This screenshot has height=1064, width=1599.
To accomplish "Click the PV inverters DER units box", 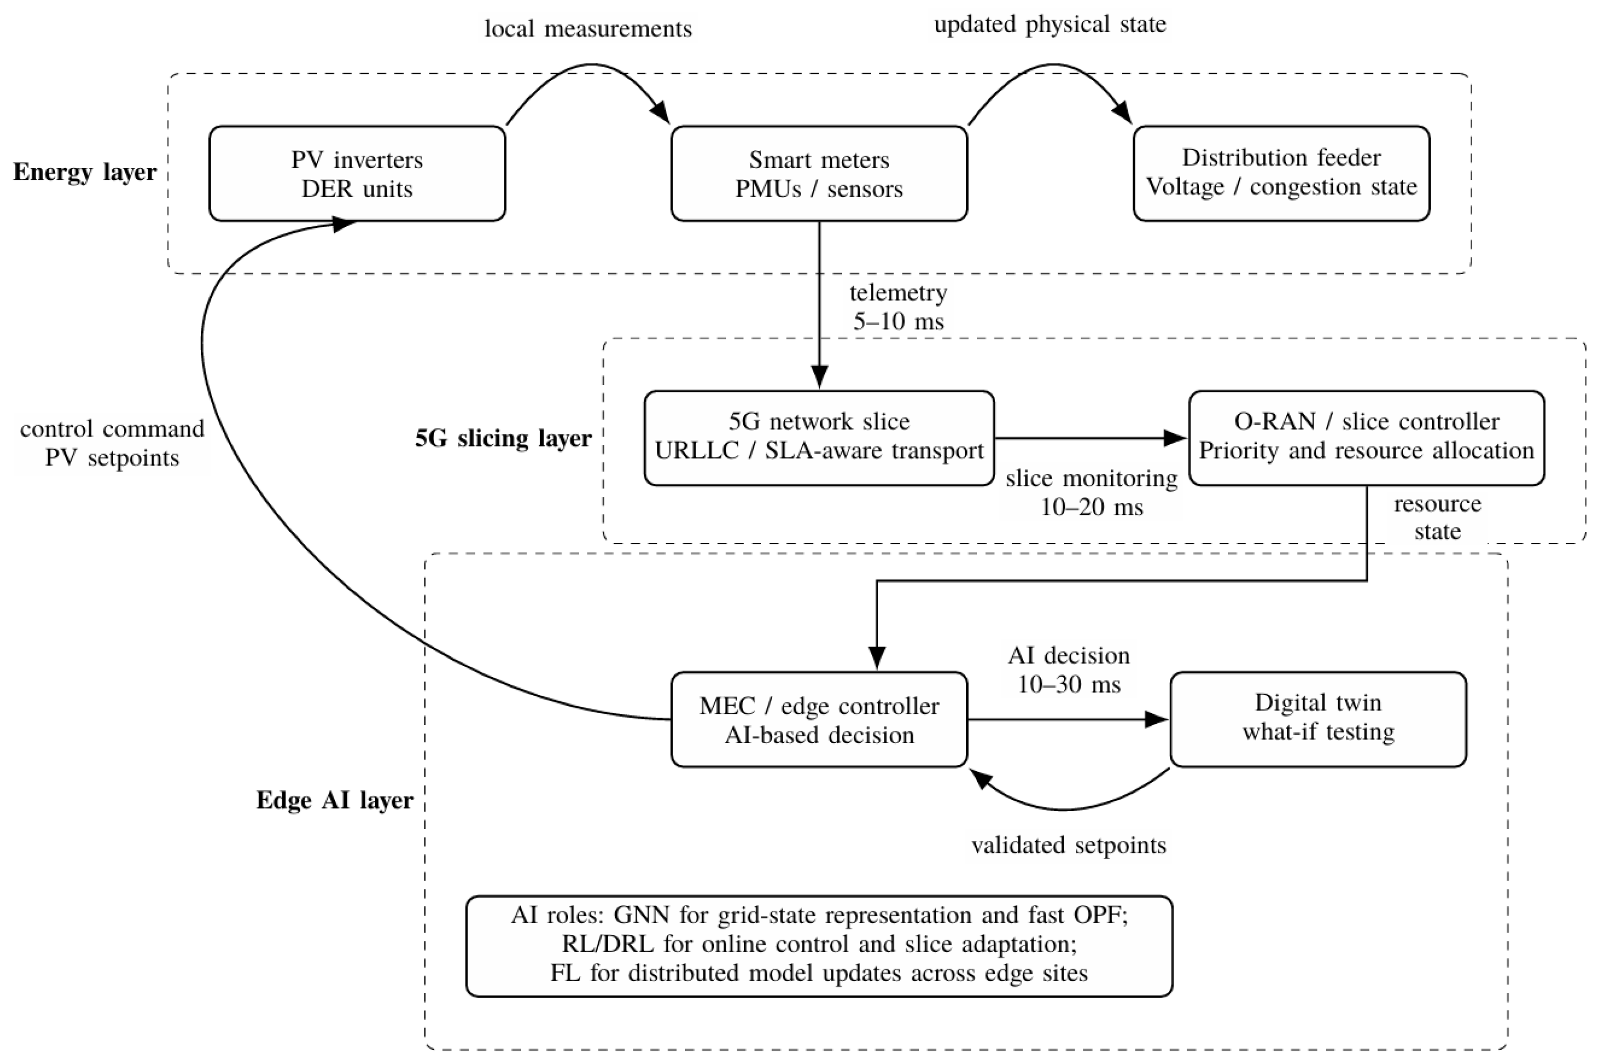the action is tap(357, 174).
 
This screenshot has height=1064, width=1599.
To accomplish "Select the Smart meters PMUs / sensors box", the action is tap(819, 174).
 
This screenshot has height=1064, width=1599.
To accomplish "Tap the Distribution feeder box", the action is tap(1281, 174).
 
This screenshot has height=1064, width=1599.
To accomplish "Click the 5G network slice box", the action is tap(819, 438).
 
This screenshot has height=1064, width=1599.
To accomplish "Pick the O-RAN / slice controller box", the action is tap(1367, 438).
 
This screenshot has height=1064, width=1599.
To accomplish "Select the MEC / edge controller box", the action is tap(819, 719).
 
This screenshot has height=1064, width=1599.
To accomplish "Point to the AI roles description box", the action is tap(819, 946).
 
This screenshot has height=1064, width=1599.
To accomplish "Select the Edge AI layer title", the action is tap(335, 800).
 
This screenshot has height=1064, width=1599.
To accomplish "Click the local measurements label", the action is tap(588, 28).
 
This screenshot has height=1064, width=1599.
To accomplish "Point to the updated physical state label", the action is tap(1050, 24).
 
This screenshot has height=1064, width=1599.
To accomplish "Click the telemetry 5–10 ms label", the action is tap(899, 307).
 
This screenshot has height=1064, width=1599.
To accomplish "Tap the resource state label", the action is tap(1438, 517).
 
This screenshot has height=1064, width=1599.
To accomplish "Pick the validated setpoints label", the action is tap(1068, 845).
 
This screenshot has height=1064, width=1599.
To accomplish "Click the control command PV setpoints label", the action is tap(112, 443).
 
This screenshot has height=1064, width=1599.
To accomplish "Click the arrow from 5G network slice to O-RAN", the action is tap(1091, 438).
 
